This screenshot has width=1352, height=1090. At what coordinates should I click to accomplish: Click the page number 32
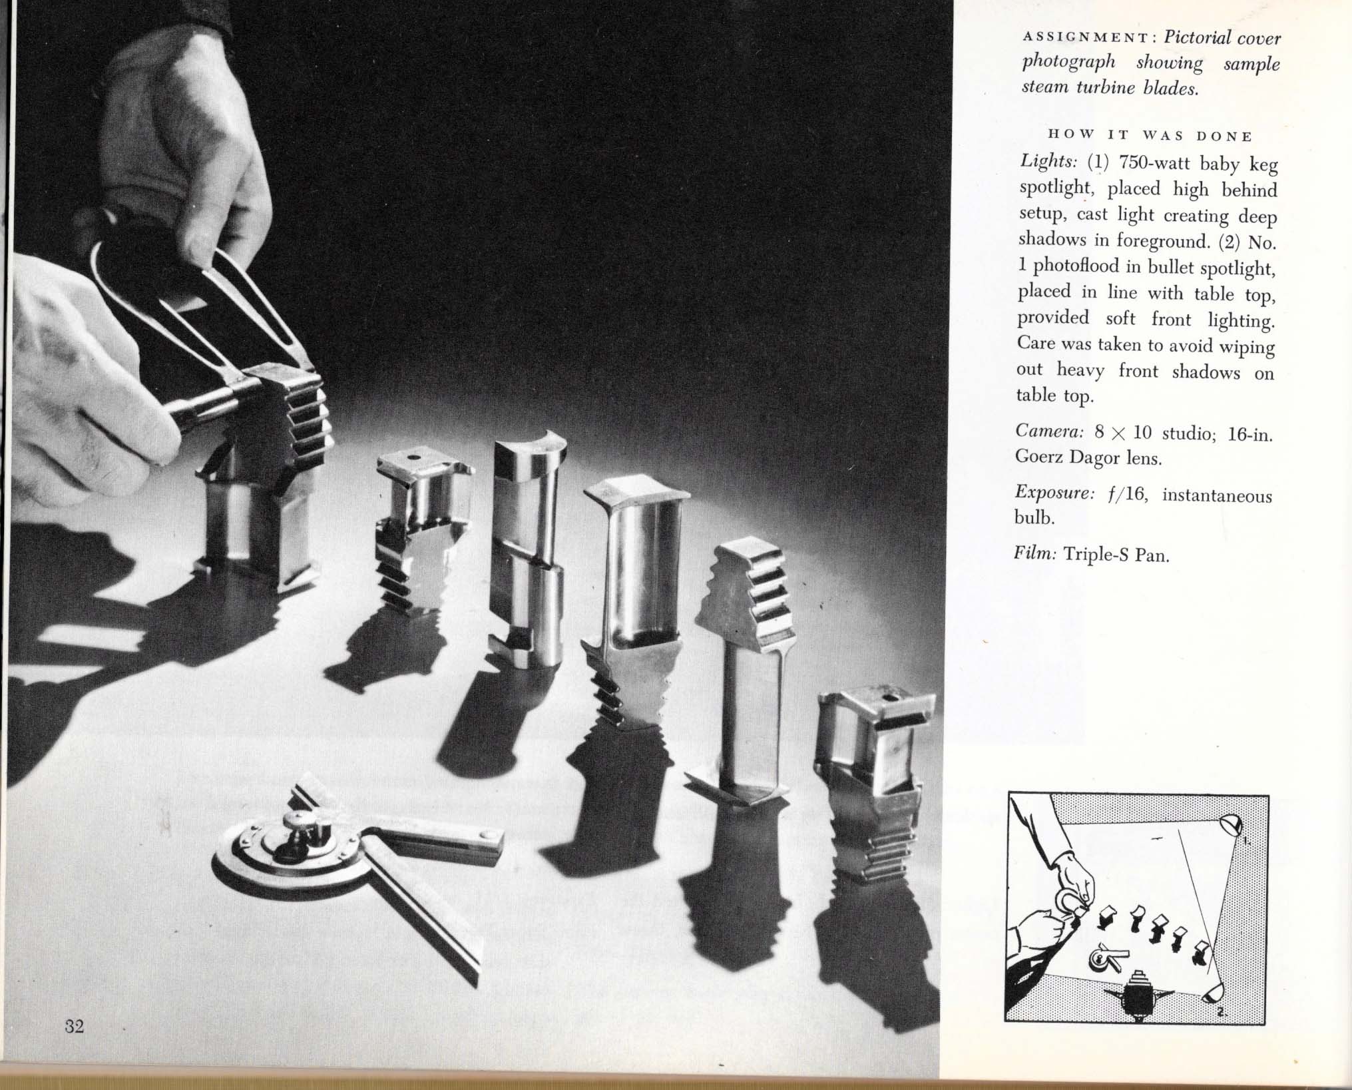(75, 1044)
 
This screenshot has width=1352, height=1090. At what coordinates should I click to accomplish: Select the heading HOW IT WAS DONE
(1150, 135)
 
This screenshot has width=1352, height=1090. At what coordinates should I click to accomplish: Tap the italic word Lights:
(1048, 162)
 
